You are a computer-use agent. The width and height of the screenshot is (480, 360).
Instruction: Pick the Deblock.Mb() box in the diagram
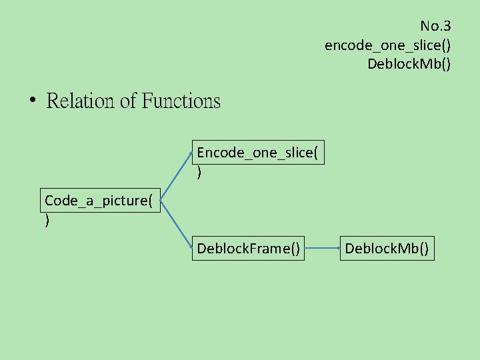pyautogui.click(x=387, y=249)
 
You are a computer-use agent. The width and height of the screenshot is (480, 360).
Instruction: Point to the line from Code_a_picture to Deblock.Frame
pyautogui.click(x=177, y=225)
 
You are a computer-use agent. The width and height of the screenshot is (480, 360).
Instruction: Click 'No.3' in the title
pyautogui.click(x=435, y=27)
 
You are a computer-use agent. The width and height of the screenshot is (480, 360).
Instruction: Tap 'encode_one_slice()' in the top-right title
pyautogui.click(x=387, y=45)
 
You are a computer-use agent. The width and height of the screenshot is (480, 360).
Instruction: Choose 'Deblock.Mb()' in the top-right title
pyautogui.click(x=409, y=64)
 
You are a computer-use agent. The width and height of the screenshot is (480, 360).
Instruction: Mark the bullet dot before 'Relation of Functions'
pyautogui.click(x=32, y=101)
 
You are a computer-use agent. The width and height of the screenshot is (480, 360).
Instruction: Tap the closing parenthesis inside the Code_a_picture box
pyautogui.click(x=47, y=221)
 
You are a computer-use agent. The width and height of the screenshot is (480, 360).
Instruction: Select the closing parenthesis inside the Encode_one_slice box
pyautogui.click(x=199, y=173)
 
